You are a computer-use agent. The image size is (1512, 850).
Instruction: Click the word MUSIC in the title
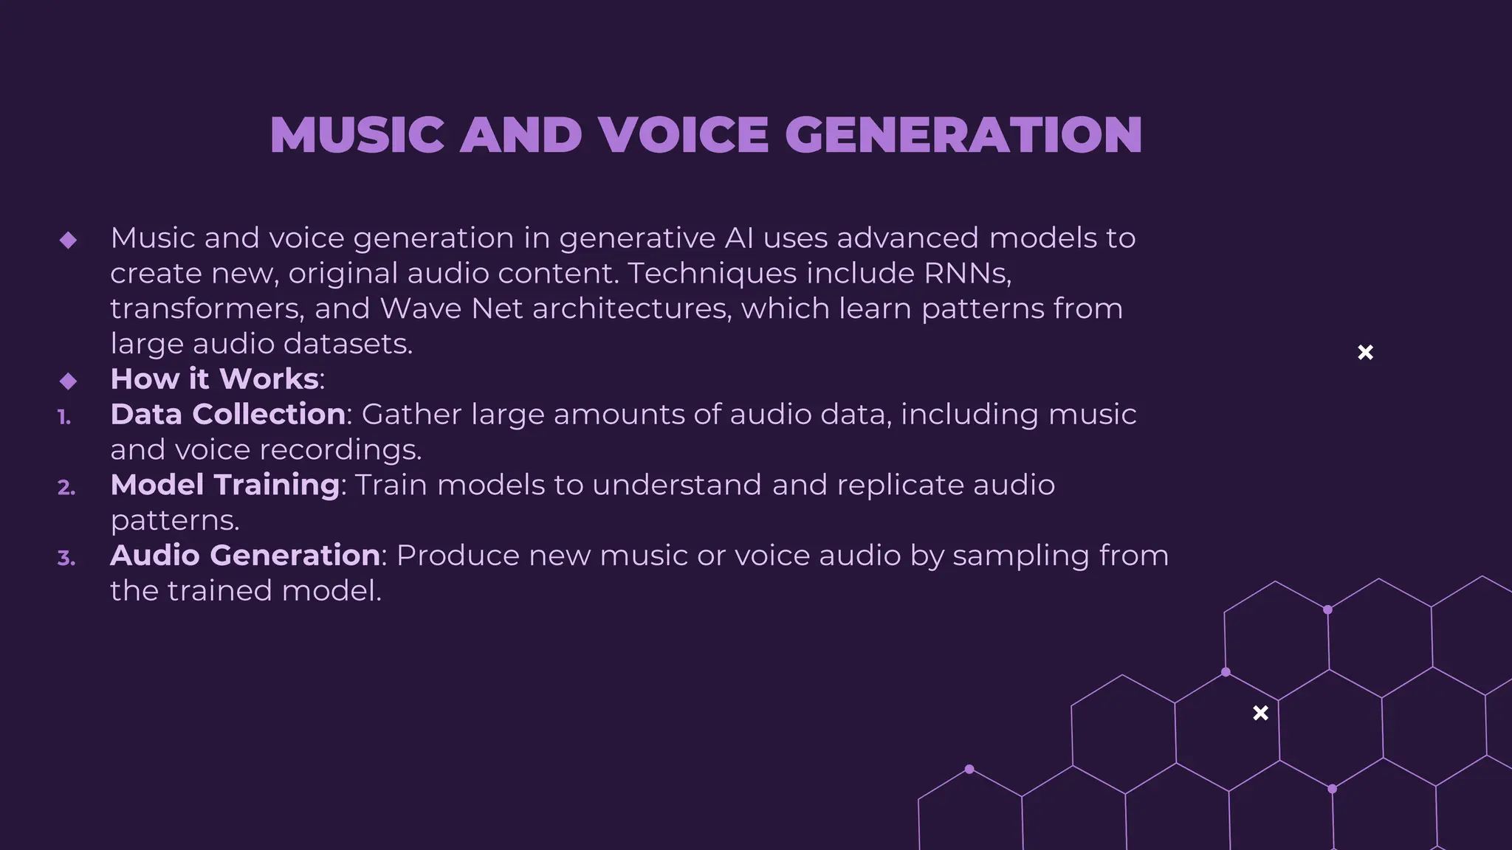[x=357, y=135]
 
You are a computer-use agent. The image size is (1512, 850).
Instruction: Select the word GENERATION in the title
[x=963, y=135]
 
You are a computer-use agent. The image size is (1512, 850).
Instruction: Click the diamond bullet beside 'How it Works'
[x=68, y=381]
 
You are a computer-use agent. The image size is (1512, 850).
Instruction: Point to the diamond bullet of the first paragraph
[x=68, y=240]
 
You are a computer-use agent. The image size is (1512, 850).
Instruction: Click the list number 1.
[x=64, y=418]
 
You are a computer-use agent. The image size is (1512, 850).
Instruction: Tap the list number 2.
[x=66, y=488]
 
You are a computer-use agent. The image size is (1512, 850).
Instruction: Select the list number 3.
[x=66, y=559]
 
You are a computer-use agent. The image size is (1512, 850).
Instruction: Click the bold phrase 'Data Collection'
[x=227, y=414]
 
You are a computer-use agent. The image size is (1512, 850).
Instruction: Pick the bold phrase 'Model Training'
[x=224, y=485]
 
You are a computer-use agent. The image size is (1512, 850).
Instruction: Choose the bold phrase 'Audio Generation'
[x=244, y=556]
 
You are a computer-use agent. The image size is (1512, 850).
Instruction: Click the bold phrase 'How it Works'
[x=214, y=379]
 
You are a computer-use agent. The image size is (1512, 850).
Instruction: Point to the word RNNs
[x=967, y=273]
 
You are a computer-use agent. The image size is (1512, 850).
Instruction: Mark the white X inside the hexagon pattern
[x=1261, y=713]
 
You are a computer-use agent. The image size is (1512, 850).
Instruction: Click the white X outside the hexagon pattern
[x=1365, y=353]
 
